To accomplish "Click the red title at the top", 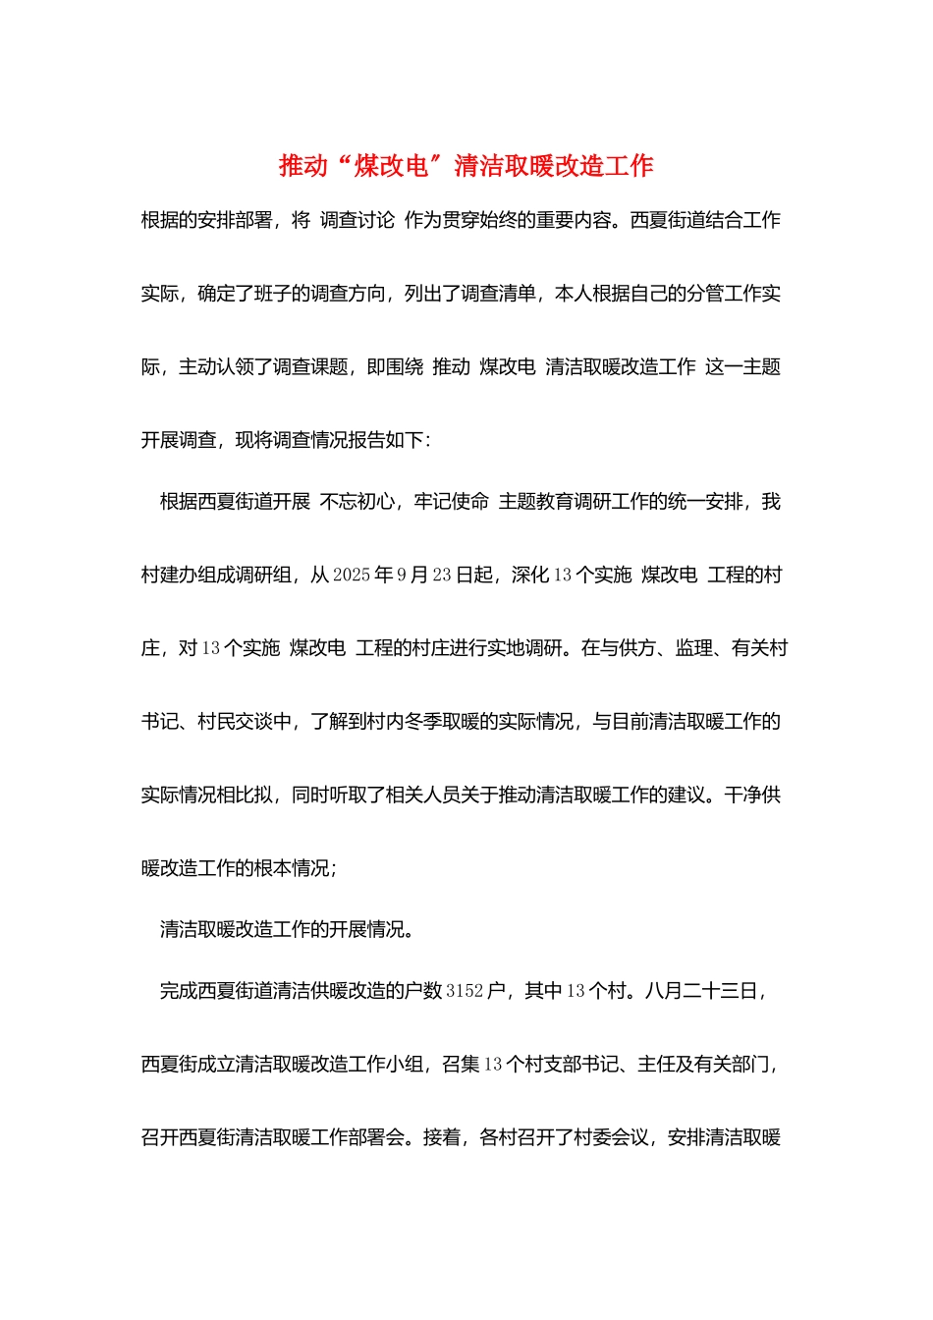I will (466, 166).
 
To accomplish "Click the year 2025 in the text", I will (352, 576).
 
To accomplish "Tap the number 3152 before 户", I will (465, 991).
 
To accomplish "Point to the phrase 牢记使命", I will (451, 502).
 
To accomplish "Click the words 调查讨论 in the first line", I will (357, 220).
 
